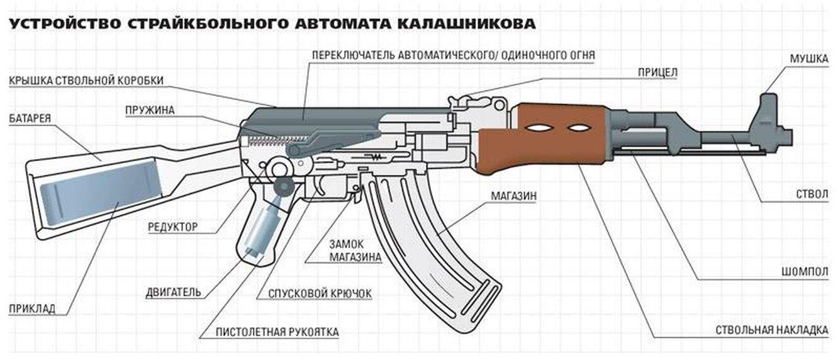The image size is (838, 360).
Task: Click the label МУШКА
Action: pos(808,59)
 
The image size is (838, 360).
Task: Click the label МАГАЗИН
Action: pos(513,196)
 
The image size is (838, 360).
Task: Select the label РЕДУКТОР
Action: pos(172,227)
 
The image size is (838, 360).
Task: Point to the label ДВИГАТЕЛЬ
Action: pos(173,292)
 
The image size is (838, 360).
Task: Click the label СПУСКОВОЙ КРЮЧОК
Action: pos(320,293)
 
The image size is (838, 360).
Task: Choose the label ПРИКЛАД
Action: pos(32,308)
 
